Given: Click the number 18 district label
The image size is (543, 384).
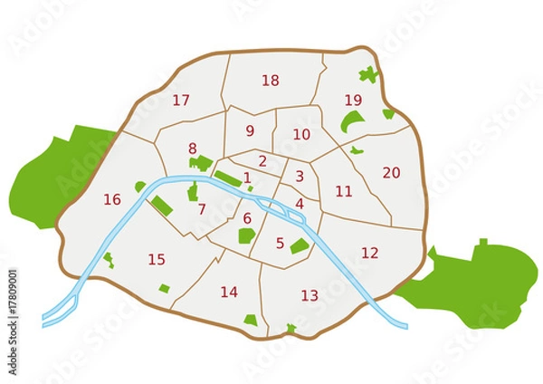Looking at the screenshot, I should click(270, 81).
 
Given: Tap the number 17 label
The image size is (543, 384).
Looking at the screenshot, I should click(181, 101).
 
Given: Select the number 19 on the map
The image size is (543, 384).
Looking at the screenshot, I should click(353, 100).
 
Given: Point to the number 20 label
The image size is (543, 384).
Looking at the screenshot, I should click(391, 172).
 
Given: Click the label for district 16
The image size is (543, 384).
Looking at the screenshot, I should click(112, 199).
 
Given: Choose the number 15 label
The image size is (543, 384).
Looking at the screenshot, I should click(157, 260).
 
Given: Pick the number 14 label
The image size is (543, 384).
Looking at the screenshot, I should click(229, 292).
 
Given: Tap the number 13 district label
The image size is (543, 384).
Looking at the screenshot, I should click(310, 295).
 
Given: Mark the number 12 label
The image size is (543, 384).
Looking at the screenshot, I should click(369, 253).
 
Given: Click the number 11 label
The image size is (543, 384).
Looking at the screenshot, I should click(344, 191).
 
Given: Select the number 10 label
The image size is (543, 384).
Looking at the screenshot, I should click(301, 134).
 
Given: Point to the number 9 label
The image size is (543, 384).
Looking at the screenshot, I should click(250, 130).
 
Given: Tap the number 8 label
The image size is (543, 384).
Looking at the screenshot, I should click(192, 149).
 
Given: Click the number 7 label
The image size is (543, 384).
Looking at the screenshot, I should click(201, 209).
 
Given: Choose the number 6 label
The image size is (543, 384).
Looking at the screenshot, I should click(247, 218).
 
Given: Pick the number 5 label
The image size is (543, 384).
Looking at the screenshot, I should click(280, 243).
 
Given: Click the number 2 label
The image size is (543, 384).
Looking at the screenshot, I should click(262, 161).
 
